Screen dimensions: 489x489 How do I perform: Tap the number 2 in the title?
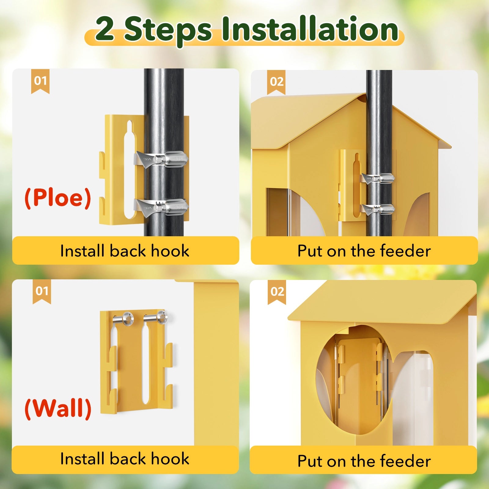coord(105,30)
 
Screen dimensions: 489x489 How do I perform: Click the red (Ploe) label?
coord(58,198)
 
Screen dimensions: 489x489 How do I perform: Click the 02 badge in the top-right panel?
coord(276,82)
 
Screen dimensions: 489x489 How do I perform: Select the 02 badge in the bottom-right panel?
coord(277,292)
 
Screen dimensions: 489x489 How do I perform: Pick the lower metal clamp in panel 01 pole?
coord(161,207)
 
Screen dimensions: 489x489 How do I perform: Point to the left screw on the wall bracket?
coord(124,319)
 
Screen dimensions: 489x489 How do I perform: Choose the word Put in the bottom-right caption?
coord(310,461)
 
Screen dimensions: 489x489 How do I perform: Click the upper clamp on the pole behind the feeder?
coord(378,178)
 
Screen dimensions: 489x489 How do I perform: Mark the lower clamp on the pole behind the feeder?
coord(378,210)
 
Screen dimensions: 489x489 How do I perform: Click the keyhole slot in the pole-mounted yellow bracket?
coord(130,171)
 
